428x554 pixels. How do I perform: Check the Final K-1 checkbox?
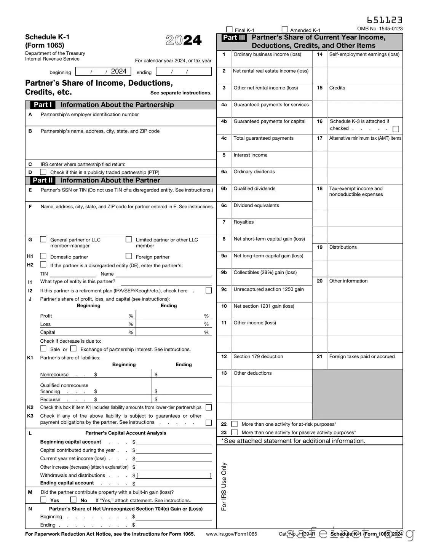click(229, 30)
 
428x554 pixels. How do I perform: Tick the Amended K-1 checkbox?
click(285, 30)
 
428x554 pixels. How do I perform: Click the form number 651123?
click(385, 20)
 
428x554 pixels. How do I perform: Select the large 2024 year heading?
click(184, 40)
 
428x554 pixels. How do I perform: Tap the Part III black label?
click(234, 38)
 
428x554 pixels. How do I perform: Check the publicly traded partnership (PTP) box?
click(43, 172)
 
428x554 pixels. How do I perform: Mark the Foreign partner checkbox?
click(129, 256)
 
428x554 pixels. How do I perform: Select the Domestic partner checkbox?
click(43, 256)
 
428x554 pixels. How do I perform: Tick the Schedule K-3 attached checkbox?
click(396, 129)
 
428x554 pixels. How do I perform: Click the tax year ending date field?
click(184, 72)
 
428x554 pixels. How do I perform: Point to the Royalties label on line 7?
click(243, 222)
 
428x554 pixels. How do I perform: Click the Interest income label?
click(250, 155)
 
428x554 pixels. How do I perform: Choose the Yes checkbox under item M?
click(43, 500)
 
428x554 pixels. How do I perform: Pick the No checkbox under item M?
click(73, 500)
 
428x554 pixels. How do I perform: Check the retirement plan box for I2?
click(208, 291)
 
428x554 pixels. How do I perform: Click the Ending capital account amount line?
click(174, 483)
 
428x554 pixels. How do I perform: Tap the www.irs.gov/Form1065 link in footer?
click(231, 534)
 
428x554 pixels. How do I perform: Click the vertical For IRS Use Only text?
click(224, 486)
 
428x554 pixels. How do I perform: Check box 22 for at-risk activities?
click(235, 424)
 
